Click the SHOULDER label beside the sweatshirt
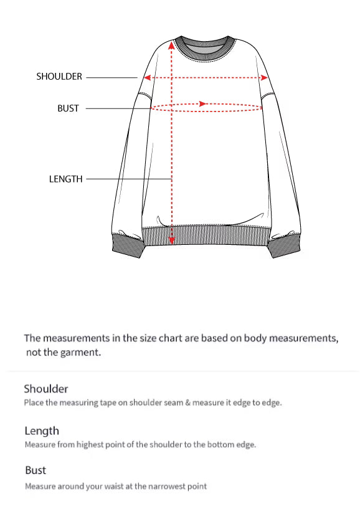click(59, 77)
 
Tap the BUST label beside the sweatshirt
click(68, 108)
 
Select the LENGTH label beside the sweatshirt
click(65, 179)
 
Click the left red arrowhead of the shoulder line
click(147, 78)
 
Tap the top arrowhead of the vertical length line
click(172, 45)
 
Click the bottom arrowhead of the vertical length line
click(172, 240)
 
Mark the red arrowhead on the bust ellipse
click(202, 103)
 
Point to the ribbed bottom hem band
click(206, 237)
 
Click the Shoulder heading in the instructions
click(46, 389)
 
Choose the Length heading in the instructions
click(42, 431)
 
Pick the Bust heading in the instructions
click(36, 470)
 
